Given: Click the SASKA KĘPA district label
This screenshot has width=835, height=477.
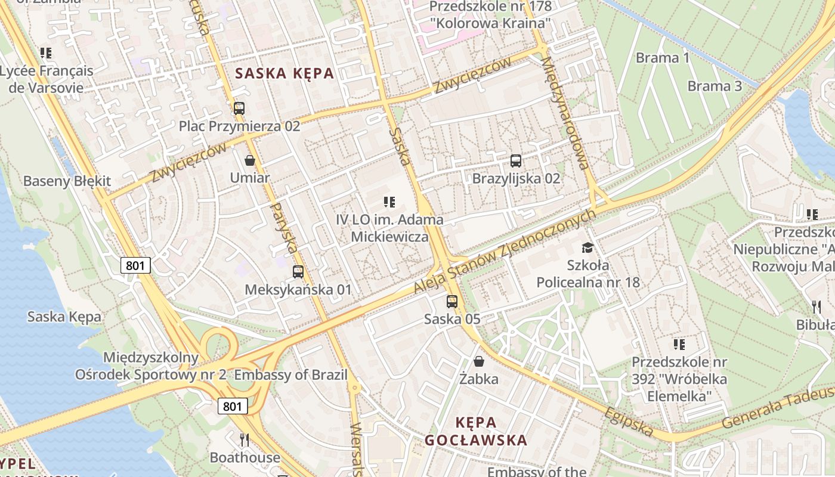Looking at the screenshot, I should coord(284,74).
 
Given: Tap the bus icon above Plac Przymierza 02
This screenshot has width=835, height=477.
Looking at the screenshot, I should coord(239,109).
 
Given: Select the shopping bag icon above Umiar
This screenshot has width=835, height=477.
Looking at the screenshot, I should coord(250,160).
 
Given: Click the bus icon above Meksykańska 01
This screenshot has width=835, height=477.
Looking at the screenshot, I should coord(298,272).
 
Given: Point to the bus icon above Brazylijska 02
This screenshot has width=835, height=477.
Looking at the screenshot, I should coord(516,161).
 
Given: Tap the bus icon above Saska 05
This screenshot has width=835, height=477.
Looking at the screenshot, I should coord(452,302).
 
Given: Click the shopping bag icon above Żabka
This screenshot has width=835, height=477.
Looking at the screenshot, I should coord(478,361).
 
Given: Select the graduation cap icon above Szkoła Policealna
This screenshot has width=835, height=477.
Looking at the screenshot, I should coord(588,247).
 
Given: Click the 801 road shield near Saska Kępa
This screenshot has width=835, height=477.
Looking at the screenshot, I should coord(135,265).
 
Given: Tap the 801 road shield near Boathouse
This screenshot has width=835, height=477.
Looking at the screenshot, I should coord(232,407).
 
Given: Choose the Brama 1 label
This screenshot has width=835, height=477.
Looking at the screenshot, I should coord(663,58).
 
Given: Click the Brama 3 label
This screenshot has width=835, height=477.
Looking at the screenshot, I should coord(715,86).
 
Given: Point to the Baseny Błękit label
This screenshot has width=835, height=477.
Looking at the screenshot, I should coord(67,181).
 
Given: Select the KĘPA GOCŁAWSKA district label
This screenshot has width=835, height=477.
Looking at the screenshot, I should coord(476,432).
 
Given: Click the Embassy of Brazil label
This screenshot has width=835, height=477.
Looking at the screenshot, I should coord(290,375).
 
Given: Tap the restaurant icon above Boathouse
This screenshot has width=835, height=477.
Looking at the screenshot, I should coord(244,440).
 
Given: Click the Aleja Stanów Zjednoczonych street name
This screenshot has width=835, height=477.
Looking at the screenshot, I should coord(505,251).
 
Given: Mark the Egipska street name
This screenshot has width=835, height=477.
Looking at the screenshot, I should coord(628,422).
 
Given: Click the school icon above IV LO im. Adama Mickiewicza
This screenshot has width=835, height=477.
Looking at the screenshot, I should coord(389,202).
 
